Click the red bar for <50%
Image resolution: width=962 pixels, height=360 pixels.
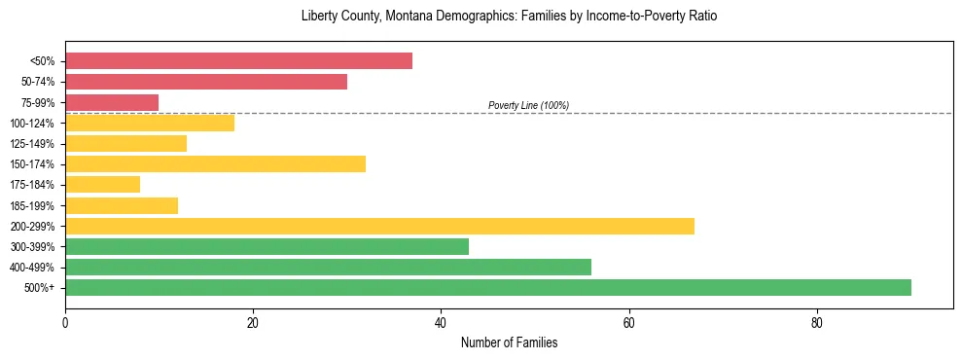click(x=238, y=61)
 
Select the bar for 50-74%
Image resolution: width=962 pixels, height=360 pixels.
click(x=206, y=82)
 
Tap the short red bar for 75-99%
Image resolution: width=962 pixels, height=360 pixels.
click(x=112, y=102)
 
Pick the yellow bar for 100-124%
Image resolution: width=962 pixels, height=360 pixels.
click(x=150, y=123)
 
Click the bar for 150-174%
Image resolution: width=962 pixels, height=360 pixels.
click(x=215, y=163)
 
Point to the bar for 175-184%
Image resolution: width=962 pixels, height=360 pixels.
click(x=102, y=184)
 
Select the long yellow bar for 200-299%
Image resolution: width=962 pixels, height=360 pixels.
click(x=379, y=226)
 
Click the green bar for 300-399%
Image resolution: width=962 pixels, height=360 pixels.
click(x=267, y=246)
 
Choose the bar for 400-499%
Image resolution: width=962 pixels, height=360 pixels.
click(x=328, y=267)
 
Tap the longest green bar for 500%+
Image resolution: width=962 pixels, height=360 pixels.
click(x=488, y=287)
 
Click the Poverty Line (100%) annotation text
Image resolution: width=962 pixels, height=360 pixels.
click(x=528, y=105)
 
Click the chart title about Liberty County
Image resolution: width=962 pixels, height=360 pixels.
click(x=509, y=17)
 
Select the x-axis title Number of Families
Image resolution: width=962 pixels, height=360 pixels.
click(x=509, y=342)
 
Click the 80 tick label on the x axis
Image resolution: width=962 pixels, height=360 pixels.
click(x=817, y=323)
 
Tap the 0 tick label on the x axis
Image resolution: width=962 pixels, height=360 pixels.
click(x=65, y=323)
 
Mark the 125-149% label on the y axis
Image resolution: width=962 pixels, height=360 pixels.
click(x=33, y=144)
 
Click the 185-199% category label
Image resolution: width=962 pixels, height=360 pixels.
click(x=33, y=205)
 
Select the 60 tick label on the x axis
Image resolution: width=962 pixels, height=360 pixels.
click(x=629, y=323)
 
